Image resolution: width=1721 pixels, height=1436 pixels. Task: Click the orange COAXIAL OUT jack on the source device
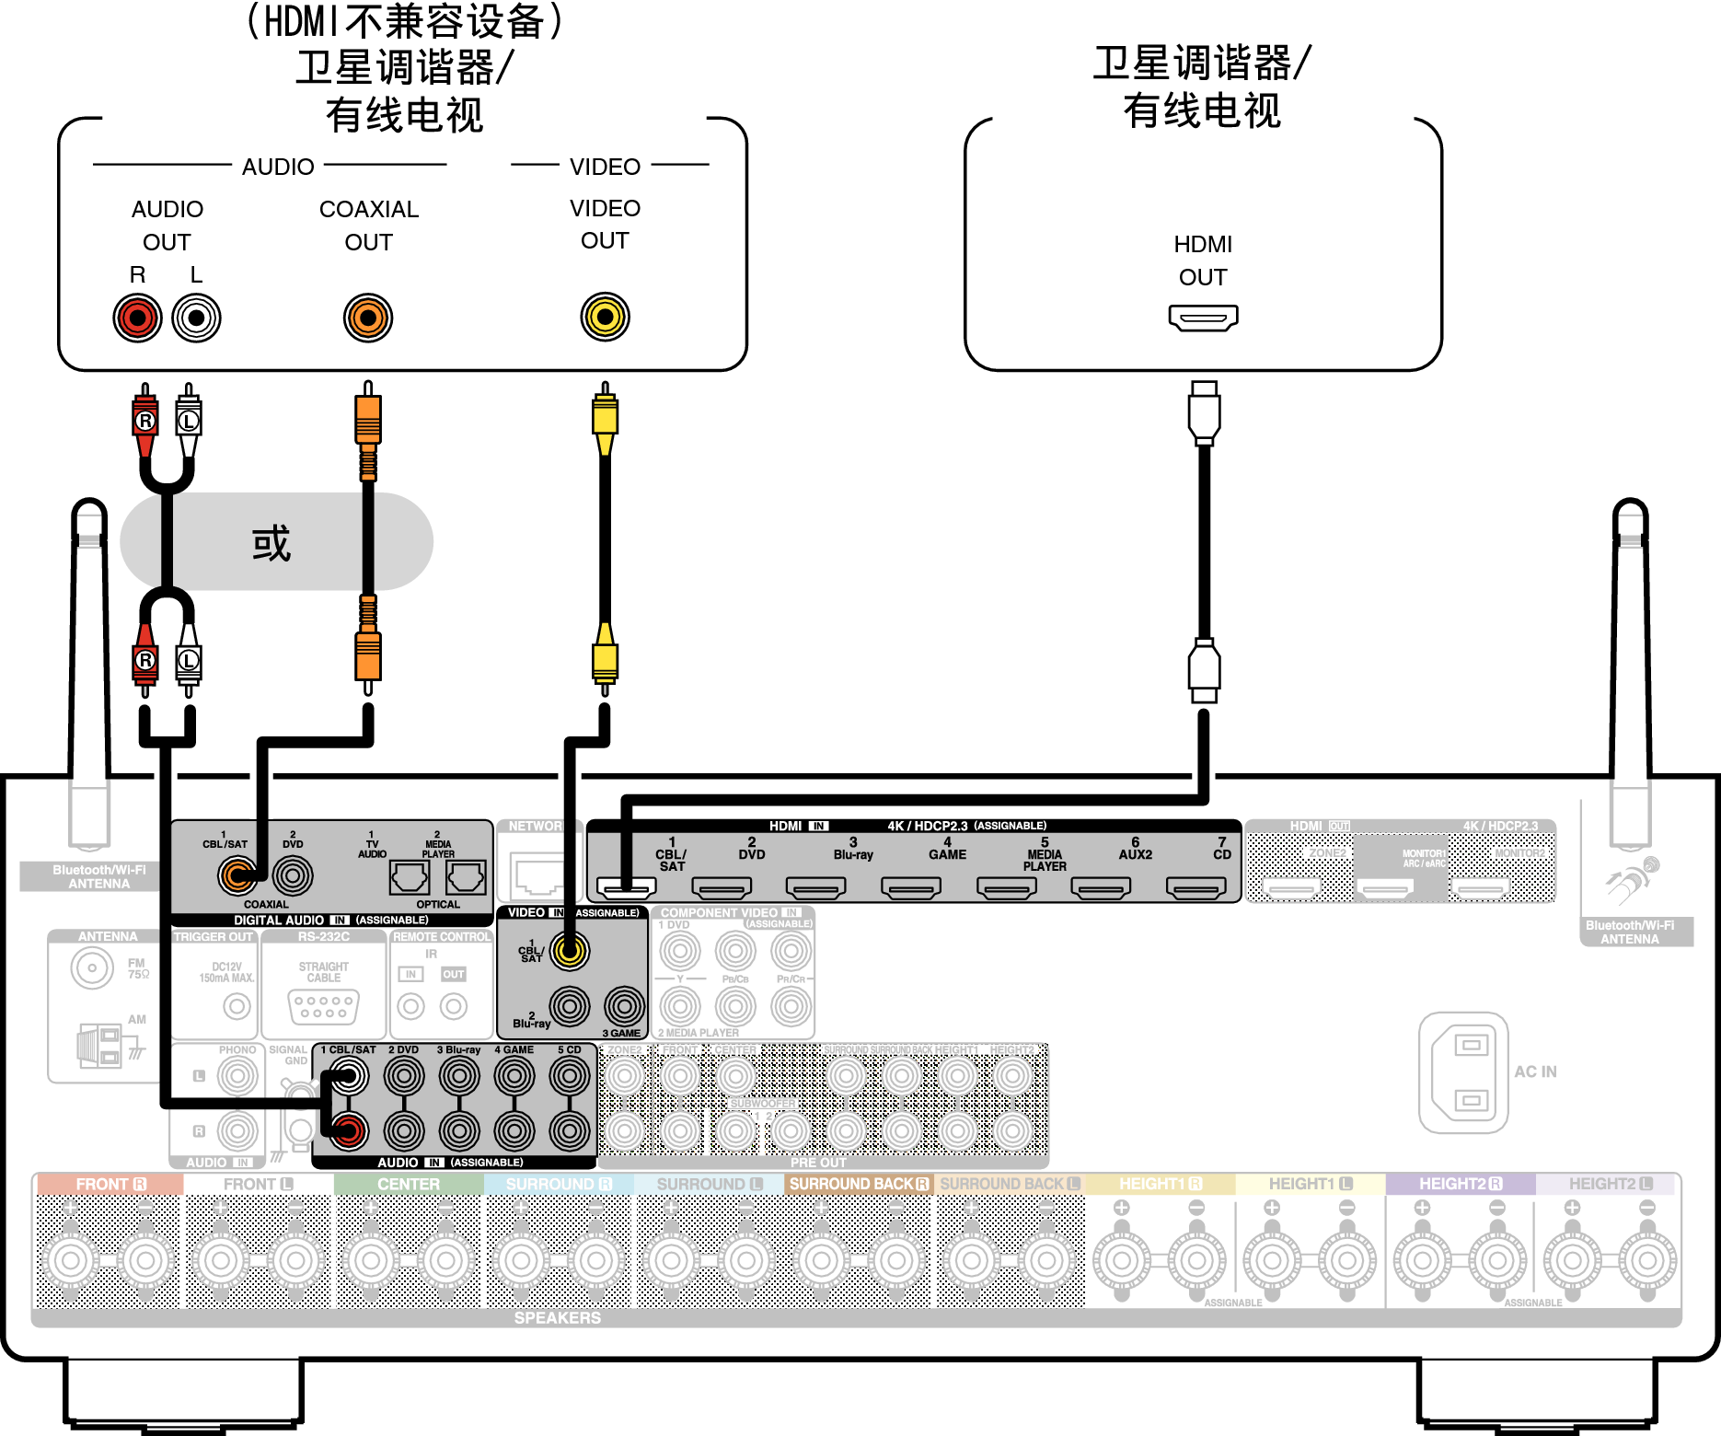368,318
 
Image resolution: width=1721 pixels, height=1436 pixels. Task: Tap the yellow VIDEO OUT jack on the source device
605,317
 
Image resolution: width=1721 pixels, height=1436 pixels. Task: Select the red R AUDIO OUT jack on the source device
137,318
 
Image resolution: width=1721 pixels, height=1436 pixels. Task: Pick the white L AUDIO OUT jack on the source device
196,318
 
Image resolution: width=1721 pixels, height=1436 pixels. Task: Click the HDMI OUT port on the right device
1203,318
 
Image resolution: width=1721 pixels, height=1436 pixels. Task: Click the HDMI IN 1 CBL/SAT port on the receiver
626,887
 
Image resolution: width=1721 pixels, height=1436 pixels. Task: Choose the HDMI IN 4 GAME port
911,887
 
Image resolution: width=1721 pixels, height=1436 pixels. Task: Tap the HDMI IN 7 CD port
1195,887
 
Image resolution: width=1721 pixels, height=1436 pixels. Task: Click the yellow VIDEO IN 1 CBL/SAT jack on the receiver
570,951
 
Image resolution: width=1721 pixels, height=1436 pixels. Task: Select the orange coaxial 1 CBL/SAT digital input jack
237,875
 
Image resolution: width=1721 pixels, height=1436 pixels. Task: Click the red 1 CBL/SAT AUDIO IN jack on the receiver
349,1130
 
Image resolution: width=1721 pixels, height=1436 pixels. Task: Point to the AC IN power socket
1463,1072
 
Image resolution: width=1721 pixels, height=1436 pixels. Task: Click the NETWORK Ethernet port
537,874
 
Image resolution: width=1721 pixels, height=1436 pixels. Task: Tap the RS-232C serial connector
323,1006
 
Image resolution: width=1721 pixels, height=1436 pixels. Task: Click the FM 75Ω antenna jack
92,967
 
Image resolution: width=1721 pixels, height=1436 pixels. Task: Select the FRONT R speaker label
110,1184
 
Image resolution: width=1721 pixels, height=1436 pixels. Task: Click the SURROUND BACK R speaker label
859,1184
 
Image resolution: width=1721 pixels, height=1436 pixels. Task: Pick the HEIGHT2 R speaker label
1460,1184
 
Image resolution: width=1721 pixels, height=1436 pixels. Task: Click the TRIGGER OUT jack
237,1006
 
